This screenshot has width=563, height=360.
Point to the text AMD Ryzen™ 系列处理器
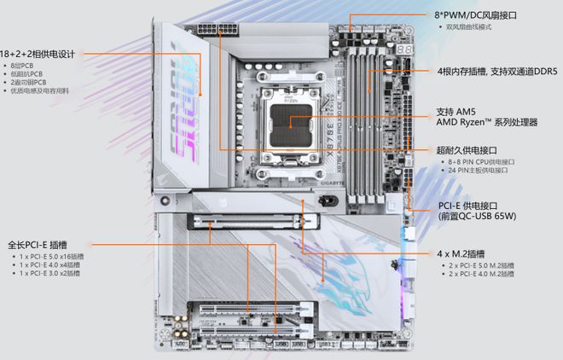[486, 123]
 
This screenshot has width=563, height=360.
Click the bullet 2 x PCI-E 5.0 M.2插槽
[482, 266]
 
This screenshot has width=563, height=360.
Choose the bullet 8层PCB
[23, 65]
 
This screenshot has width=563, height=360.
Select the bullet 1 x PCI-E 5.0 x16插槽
[52, 257]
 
